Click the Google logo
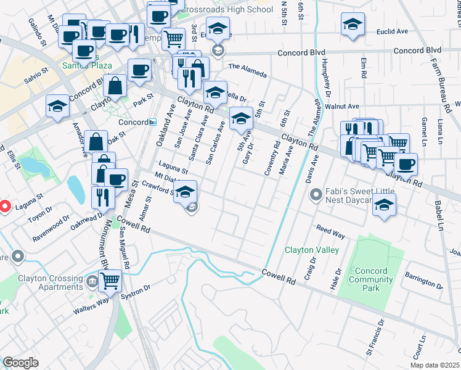click(x=21, y=363)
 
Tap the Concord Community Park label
click(x=371, y=275)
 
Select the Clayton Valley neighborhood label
click(x=311, y=250)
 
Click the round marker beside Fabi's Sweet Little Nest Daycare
click(x=316, y=195)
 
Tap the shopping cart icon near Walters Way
click(x=110, y=281)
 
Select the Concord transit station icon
click(x=152, y=122)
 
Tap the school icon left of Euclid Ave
click(x=352, y=25)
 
